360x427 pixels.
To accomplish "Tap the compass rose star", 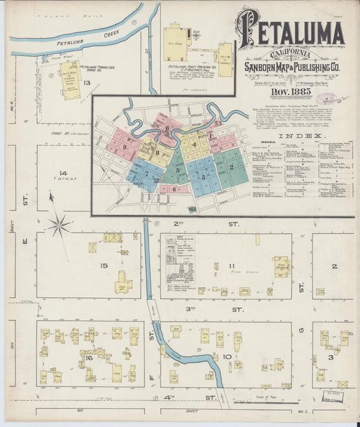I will coord(59,225).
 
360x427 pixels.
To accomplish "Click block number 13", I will coord(86,83).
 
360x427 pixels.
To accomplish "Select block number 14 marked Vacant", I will coord(63,173).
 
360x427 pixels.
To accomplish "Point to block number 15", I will coord(103,266).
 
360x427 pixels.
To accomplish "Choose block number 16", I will coord(88,358).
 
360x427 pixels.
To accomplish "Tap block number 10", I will coord(228,357).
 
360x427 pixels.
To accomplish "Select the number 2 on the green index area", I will coord(231,166).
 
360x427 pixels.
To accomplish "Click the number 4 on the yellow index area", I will coord(193,144).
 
